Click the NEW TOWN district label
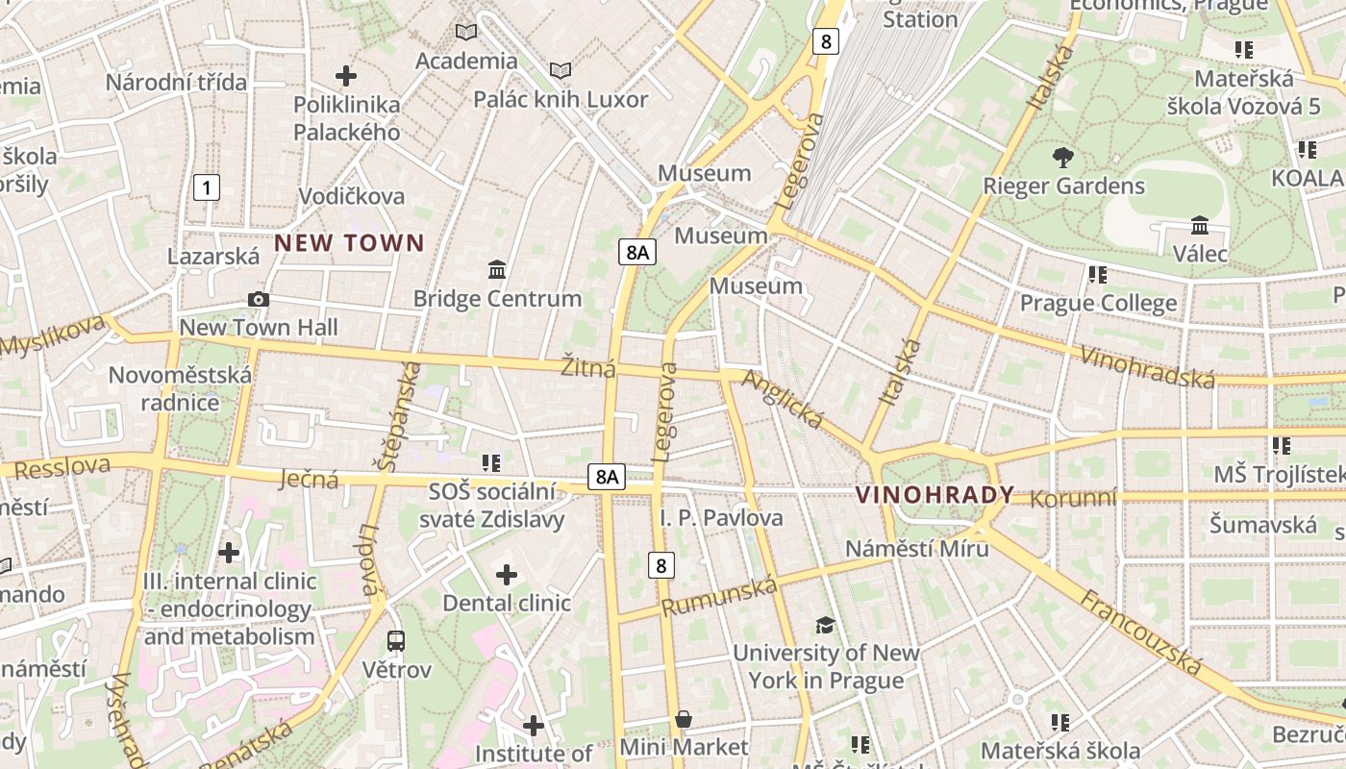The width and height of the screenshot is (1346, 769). coord(349,243)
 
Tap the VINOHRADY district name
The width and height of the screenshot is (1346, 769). coord(935,495)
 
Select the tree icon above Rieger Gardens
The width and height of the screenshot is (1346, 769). coord(1062,158)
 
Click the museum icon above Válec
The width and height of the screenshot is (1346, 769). coord(1200,226)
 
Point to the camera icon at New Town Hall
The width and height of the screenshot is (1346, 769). coord(258,300)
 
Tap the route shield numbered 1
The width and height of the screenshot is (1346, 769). coord(206,187)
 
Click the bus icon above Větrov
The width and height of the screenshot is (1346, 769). coord(395,640)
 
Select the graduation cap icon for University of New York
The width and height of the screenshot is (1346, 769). coord(825,625)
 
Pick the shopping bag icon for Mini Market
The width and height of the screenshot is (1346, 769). coord(684,719)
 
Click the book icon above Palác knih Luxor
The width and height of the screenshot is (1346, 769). coord(561,70)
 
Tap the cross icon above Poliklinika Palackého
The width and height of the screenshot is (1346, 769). coord(346,76)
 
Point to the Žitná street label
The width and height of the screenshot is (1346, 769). coord(587,367)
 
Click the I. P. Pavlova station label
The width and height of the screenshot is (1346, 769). coord(721,518)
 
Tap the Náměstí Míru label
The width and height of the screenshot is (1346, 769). coord(916,548)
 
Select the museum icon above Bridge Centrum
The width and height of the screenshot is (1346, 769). coord(497,270)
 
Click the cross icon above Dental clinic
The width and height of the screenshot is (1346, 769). coord(507,575)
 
